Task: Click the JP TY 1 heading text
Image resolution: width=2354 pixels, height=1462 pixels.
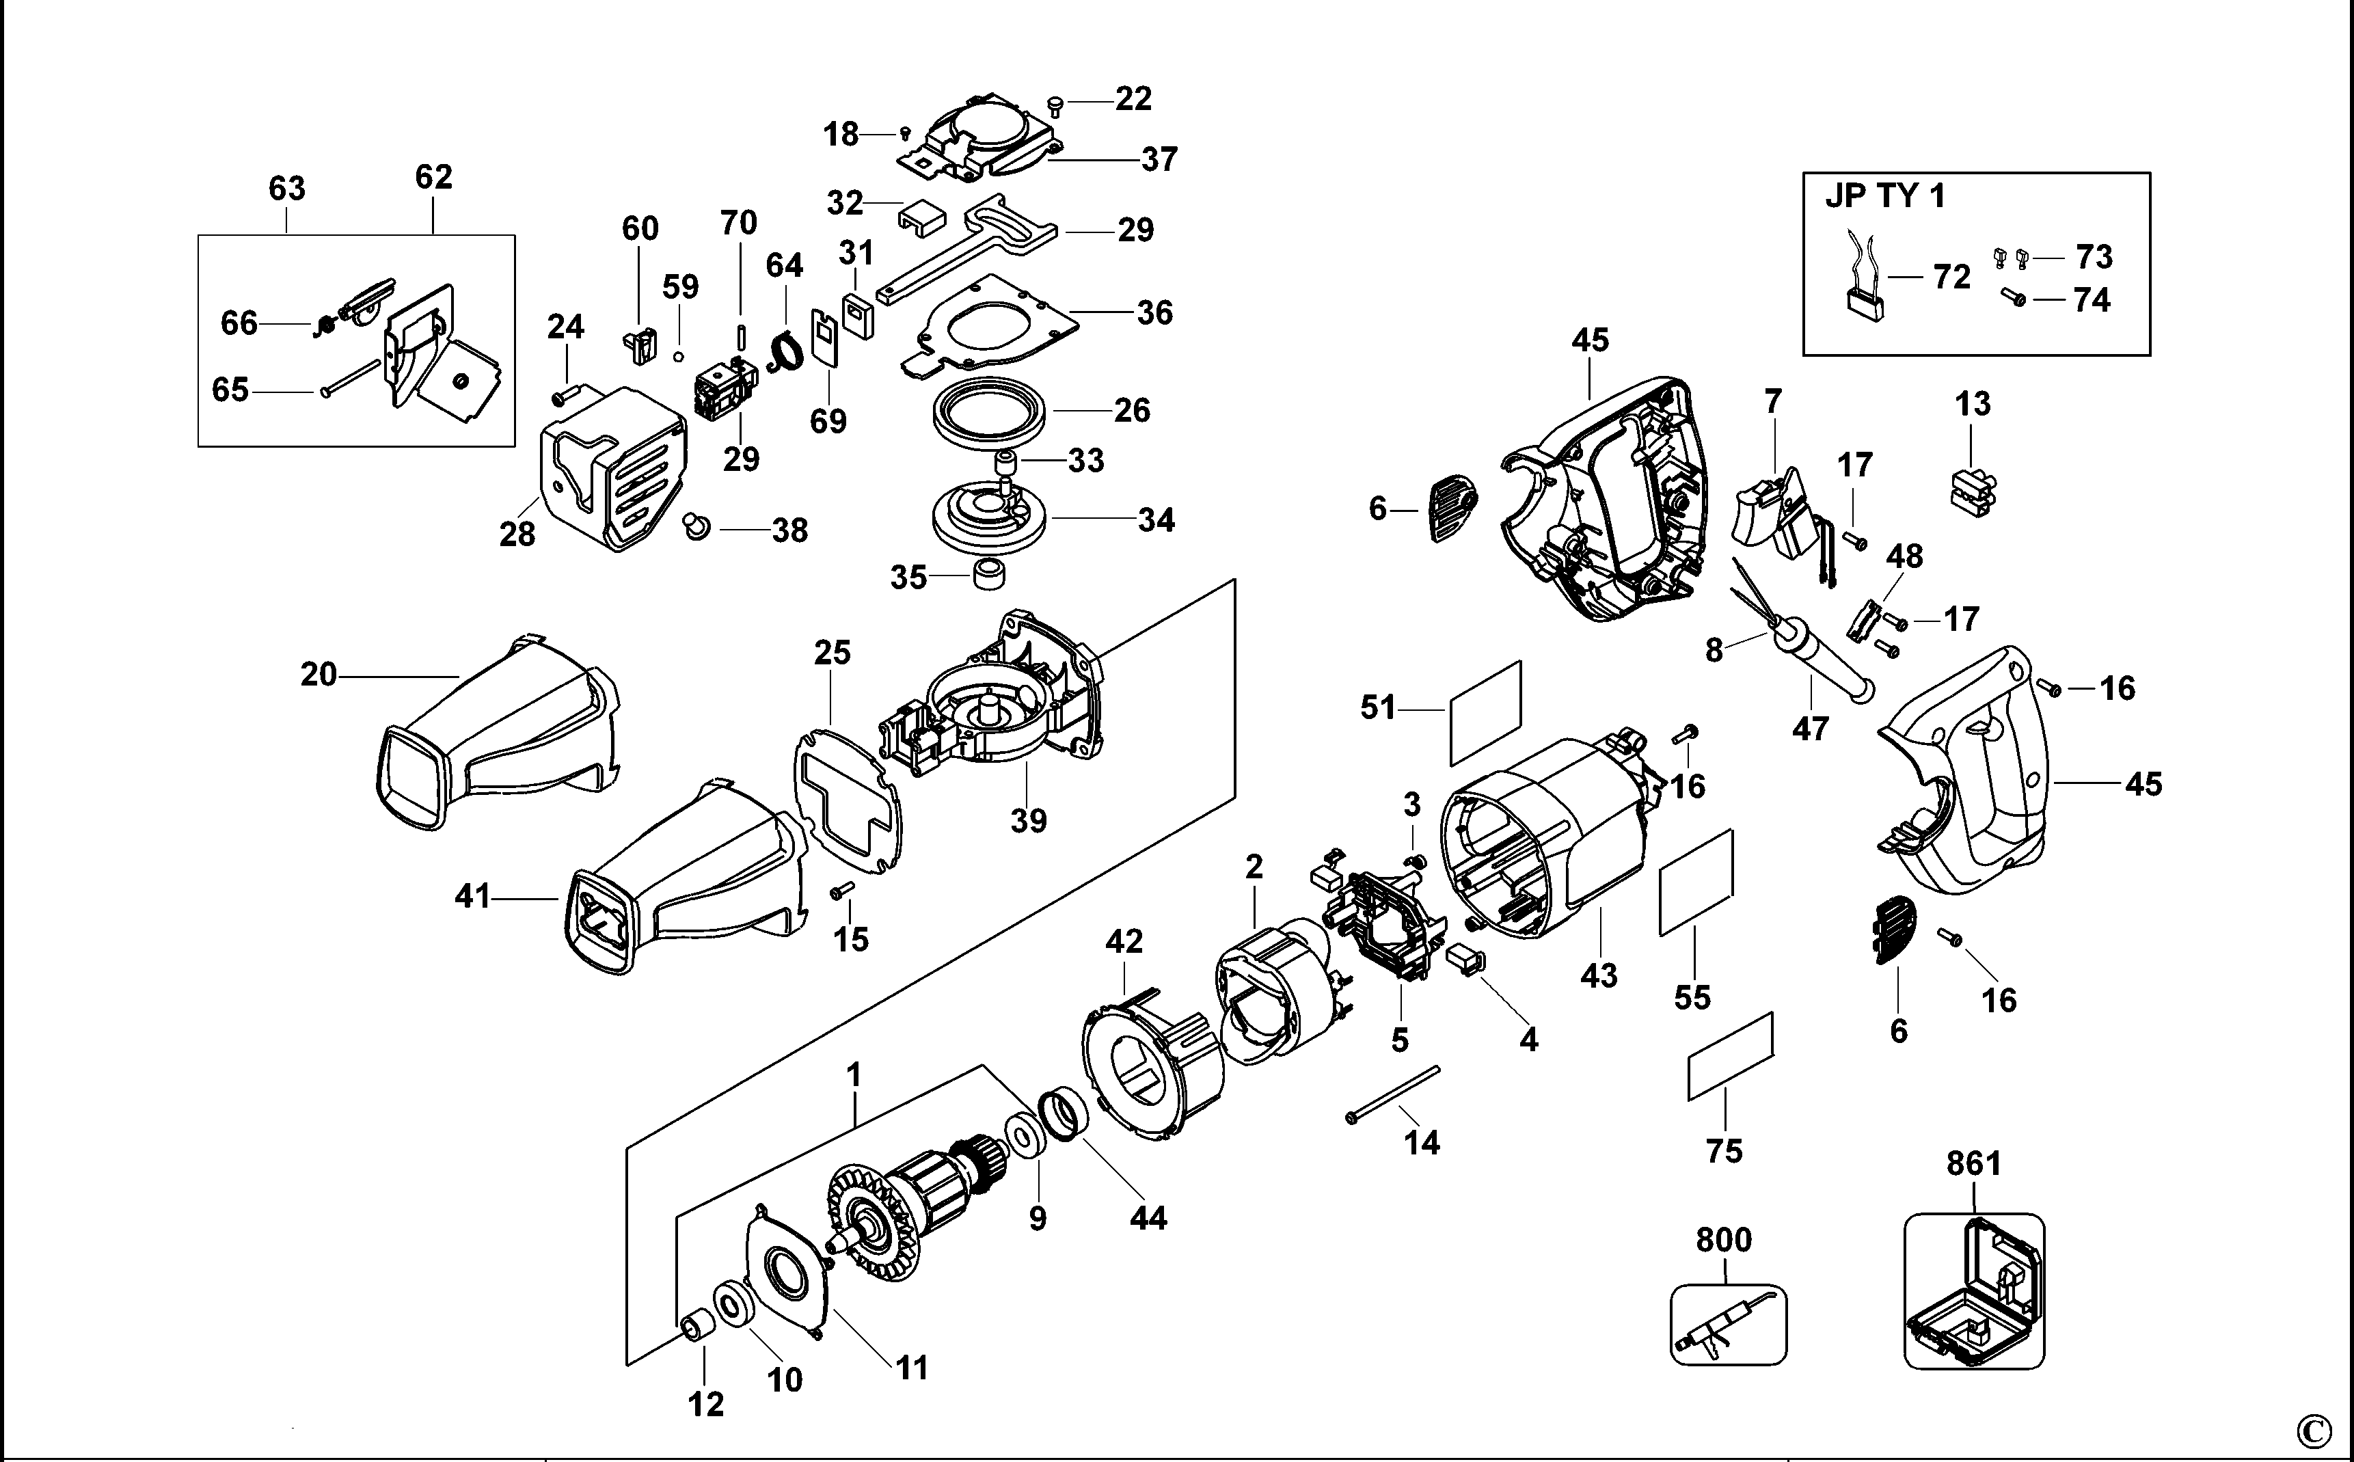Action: click(1884, 196)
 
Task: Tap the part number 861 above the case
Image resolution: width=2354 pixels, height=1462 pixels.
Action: click(1973, 1163)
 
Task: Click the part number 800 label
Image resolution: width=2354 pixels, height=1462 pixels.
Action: click(1724, 1240)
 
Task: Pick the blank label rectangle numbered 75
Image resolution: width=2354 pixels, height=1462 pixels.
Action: click(1729, 1057)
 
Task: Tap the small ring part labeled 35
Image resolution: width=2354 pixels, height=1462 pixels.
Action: click(987, 573)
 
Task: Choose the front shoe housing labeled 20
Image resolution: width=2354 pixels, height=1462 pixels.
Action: click(493, 735)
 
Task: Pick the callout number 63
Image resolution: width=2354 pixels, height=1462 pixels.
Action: click(286, 187)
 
